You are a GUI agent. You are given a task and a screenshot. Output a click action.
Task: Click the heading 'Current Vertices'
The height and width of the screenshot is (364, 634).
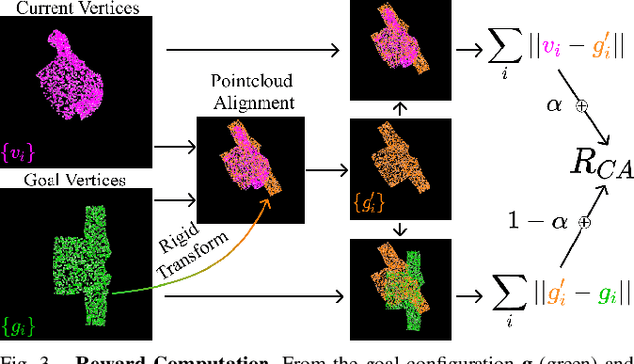click(x=75, y=8)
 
